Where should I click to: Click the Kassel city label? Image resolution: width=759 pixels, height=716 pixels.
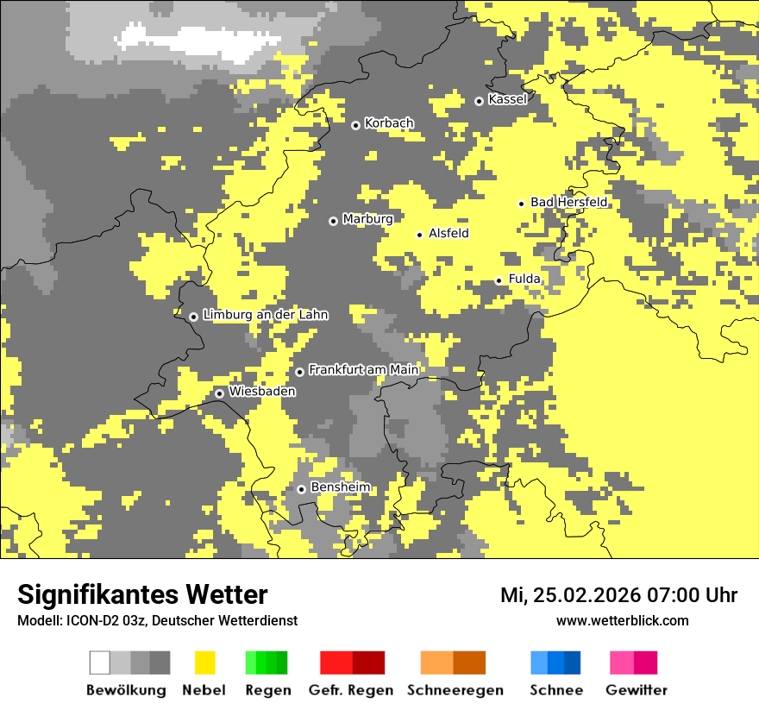[507, 99]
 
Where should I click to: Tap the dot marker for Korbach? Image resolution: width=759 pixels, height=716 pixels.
[355, 125]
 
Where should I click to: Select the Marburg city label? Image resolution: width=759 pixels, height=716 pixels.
[367, 219]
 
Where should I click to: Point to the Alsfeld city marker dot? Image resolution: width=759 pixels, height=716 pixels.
[420, 235]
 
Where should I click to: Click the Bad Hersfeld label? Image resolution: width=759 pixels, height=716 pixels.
[568, 202]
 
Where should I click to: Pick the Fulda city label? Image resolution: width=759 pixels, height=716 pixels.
[524, 279]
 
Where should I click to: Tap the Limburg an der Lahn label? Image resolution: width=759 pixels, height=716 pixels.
[265, 315]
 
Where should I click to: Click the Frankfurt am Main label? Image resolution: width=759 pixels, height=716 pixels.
[363, 369]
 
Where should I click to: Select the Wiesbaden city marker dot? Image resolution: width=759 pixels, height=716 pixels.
[220, 393]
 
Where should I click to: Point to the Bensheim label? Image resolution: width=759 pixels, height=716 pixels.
[340, 487]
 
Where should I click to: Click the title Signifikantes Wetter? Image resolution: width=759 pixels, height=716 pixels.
[142, 594]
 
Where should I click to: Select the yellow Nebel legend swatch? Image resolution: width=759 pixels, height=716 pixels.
[204, 663]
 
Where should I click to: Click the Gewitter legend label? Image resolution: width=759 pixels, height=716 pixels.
[636, 690]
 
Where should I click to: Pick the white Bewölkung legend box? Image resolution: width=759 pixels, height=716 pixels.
[100, 663]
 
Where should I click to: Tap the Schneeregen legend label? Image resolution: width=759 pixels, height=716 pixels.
[455, 690]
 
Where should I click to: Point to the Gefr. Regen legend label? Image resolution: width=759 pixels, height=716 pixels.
[350, 690]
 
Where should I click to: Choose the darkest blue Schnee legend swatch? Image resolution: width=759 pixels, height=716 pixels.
[573, 663]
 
